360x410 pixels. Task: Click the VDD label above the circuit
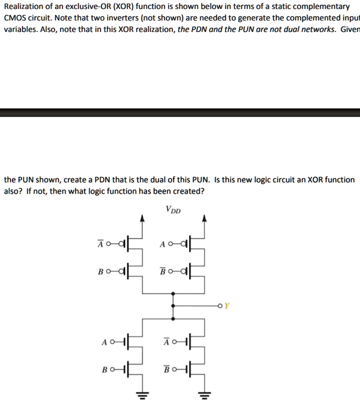coord(173,209)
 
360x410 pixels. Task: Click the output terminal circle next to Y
coord(220,306)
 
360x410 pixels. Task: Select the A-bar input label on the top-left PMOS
coord(100,244)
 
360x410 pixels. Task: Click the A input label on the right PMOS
coord(162,244)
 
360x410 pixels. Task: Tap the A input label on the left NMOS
coord(104,342)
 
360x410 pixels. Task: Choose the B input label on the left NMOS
coord(104,371)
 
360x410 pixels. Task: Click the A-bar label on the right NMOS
coord(166,342)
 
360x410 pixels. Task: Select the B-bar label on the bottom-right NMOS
coord(166,371)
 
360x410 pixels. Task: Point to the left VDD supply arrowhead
coord(142,218)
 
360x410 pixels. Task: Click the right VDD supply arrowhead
coord(204,218)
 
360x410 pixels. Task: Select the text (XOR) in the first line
coord(122,6)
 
